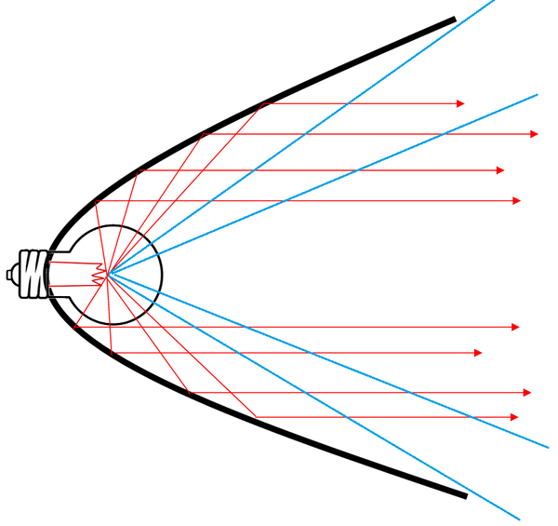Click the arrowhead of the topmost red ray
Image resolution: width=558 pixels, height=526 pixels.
[x=459, y=103]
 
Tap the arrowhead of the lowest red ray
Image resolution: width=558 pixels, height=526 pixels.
[x=514, y=416]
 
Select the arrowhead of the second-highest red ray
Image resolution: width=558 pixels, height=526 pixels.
[x=534, y=134]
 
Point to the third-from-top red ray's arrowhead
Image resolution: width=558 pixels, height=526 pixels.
[x=500, y=170]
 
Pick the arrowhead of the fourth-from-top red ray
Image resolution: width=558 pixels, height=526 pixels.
[x=516, y=200]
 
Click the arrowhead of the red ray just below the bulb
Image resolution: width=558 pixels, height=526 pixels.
[x=514, y=327]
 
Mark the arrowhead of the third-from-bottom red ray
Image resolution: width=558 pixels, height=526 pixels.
[x=478, y=353]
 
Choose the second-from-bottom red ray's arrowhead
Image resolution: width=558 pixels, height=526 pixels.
[x=527, y=392]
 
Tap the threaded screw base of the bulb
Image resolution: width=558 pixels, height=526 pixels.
[x=33, y=274]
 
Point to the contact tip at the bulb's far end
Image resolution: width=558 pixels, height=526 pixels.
[x=9, y=274]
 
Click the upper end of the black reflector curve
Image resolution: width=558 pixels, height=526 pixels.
[x=454, y=20]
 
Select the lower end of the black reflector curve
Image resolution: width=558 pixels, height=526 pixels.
[x=464, y=495]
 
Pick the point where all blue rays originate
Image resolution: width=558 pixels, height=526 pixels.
[x=108, y=274]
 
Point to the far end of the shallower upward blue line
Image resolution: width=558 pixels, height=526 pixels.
[x=538, y=94]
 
